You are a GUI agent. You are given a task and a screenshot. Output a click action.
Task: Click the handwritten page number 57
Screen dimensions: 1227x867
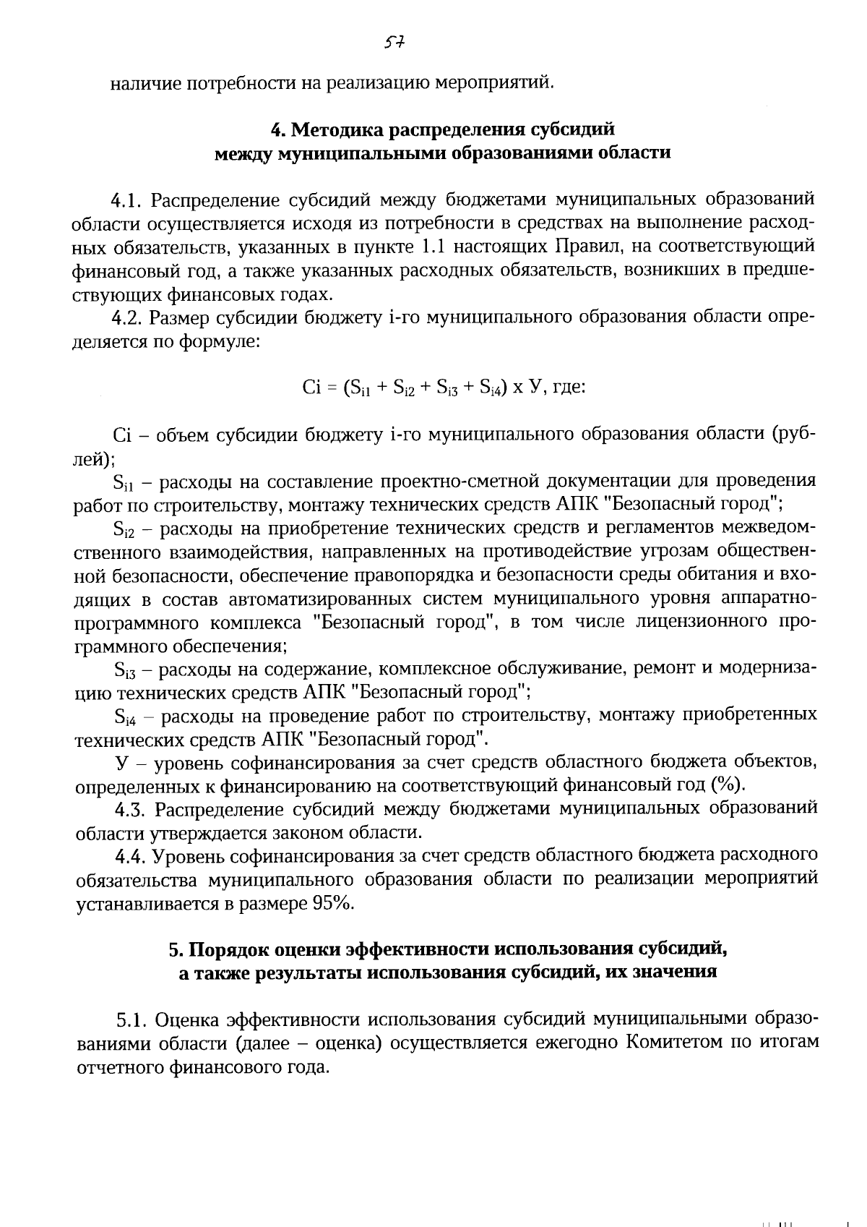click(x=394, y=43)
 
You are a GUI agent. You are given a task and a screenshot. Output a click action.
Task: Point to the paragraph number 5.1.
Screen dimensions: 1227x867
click(x=131, y=1021)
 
